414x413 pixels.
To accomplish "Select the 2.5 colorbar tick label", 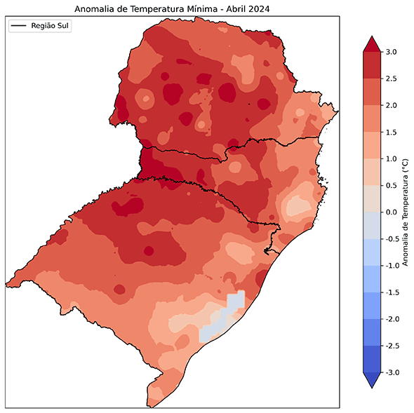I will coord(392,79).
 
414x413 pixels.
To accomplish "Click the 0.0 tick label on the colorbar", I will coord(392,212).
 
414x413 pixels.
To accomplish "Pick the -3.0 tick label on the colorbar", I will coord(393,372).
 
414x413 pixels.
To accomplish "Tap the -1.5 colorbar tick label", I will coord(393,292).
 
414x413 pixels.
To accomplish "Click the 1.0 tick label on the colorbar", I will coord(392,158).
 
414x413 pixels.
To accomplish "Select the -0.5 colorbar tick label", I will coord(393,239).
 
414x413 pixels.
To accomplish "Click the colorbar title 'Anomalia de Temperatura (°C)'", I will coord(405,212).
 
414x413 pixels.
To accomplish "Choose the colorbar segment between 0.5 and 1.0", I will coord(372,172).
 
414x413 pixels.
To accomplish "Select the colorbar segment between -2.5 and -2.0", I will coord(372,332).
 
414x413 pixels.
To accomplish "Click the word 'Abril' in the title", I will coord(230,8).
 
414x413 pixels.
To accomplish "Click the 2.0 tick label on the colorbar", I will coord(392,105).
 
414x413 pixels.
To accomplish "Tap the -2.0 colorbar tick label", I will coord(393,319).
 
